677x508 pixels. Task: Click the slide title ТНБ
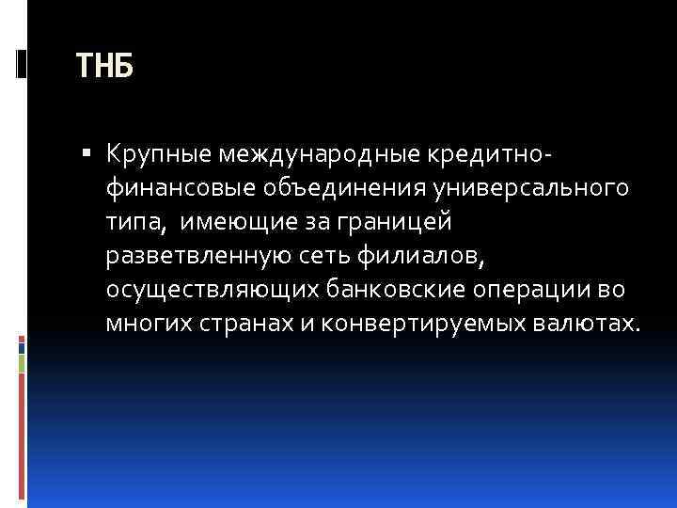click(104, 67)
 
